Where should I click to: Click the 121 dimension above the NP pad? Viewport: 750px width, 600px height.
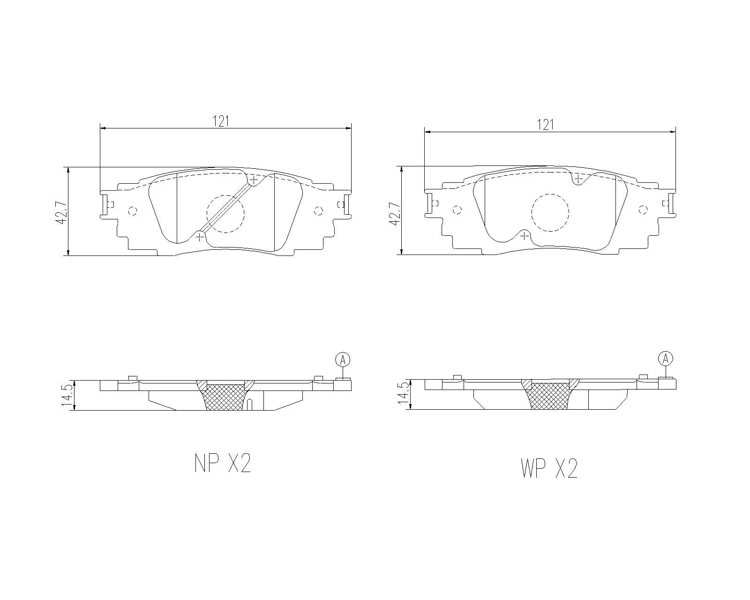[221, 121]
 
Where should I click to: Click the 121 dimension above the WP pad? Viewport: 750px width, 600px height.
[545, 125]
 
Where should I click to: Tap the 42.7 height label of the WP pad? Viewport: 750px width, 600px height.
[395, 214]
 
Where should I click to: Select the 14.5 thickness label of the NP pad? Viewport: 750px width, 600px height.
[67, 396]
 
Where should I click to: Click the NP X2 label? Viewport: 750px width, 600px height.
[223, 464]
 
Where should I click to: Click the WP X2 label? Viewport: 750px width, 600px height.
[549, 468]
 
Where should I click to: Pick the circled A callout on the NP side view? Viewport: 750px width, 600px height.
[343, 360]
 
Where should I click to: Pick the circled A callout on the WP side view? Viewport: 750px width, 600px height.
[665, 359]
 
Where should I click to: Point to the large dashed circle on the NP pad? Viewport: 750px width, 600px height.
[225, 214]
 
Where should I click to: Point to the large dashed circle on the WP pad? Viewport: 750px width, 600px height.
[550, 212]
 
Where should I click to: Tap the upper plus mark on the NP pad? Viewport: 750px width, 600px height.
[254, 180]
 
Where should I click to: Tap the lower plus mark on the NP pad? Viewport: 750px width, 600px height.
[200, 237]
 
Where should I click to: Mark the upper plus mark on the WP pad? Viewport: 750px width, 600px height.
[578, 179]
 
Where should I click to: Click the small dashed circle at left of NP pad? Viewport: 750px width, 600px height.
[132, 211]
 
